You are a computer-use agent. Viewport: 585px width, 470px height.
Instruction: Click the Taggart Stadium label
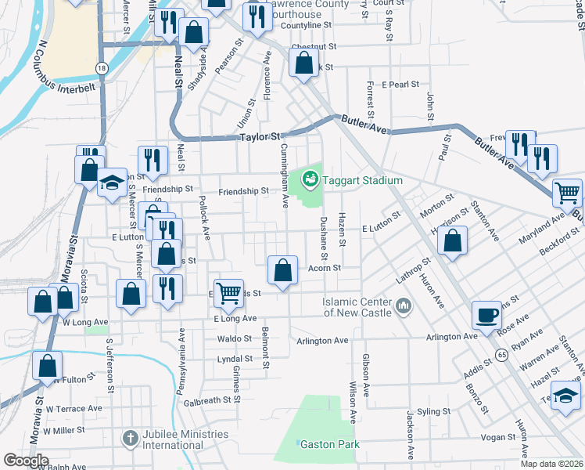[x=364, y=180]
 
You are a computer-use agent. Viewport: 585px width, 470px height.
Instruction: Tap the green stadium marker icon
[x=311, y=180]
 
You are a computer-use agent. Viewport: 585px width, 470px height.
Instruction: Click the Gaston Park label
[x=332, y=444]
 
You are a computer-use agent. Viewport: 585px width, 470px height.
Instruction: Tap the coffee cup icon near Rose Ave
[x=486, y=315]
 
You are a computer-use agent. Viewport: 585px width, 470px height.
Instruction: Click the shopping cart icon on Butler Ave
[x=568, y=192]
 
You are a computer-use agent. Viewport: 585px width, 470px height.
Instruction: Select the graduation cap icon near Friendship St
[x=112, y=184]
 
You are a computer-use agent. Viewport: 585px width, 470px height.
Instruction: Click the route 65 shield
[x=501, y=355]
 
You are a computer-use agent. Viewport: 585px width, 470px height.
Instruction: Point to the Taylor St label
[x=259, y=136]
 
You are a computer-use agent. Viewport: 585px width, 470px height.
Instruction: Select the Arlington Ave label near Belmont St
[x=322, y=341]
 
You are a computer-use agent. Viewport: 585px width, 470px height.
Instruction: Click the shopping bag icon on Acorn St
[x=283, y=271]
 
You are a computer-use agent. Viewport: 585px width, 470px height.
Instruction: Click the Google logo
[x=26, y=460]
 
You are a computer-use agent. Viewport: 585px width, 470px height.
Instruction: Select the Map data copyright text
[x=552, y=464]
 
